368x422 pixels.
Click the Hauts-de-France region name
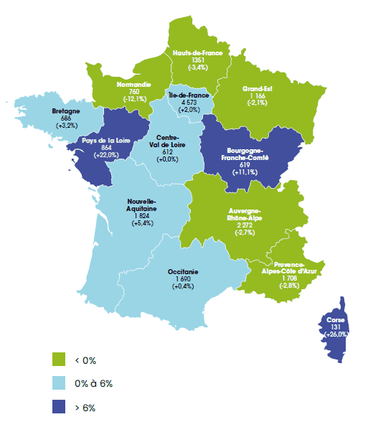click(197, 52)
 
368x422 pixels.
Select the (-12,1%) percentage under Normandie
click(133, 99)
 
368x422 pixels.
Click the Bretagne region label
click(66, 111)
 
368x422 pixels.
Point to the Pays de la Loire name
click(105, 141)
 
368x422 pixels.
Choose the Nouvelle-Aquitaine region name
click(141, 205)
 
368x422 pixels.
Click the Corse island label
click(335, 319)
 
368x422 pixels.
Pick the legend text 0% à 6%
click(94, 383)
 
